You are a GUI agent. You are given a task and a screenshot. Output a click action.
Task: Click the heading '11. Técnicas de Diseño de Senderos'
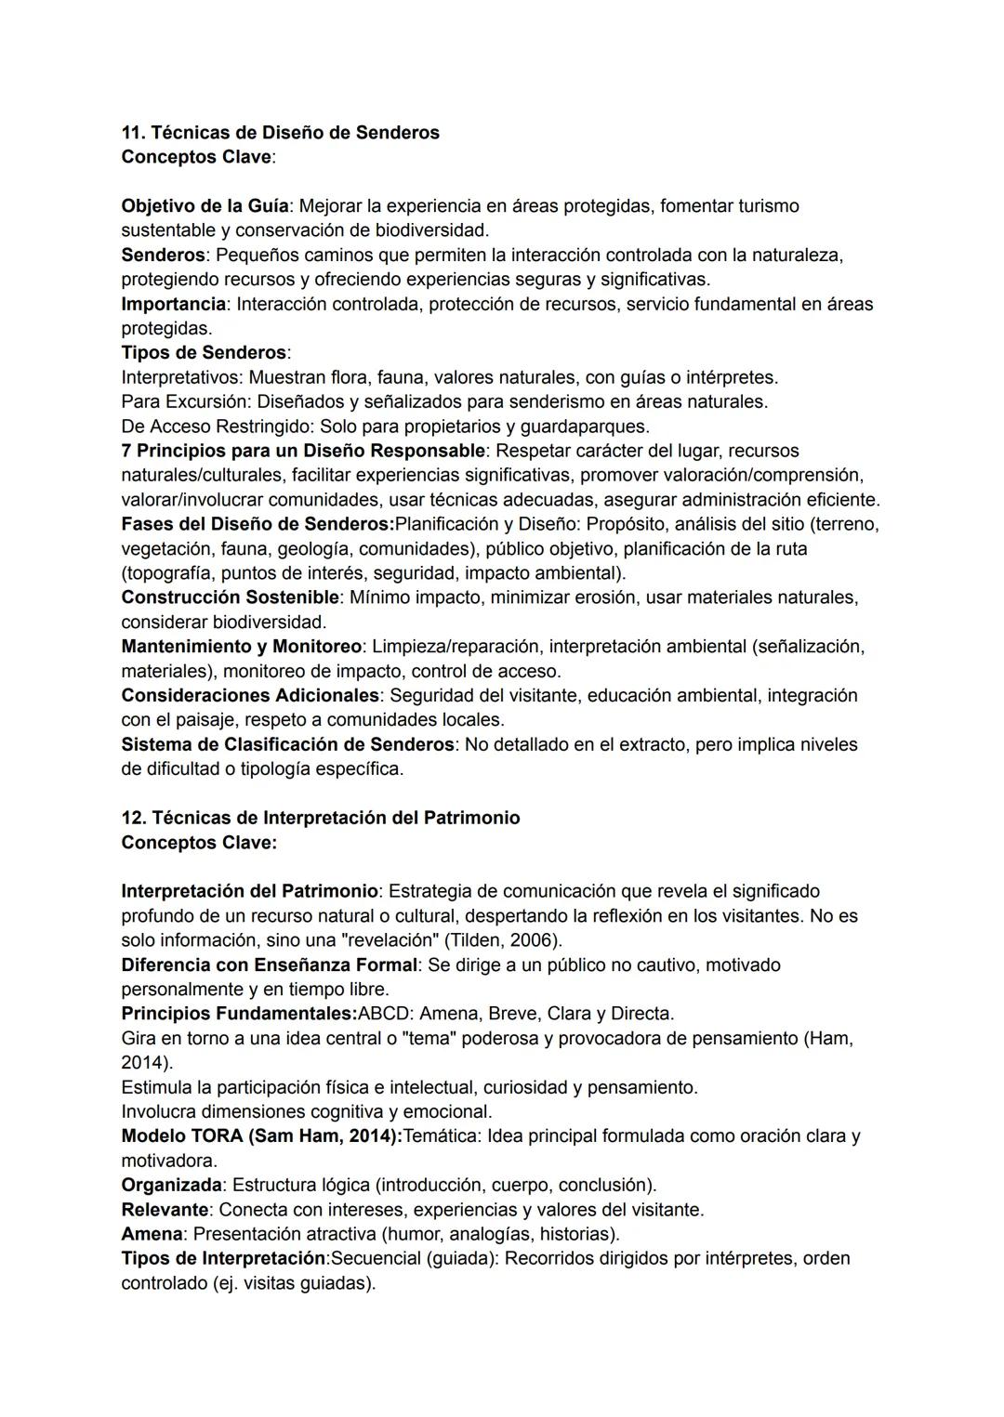(x=280, y=133)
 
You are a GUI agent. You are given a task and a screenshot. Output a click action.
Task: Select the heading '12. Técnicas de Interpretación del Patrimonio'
(x=321, y=818)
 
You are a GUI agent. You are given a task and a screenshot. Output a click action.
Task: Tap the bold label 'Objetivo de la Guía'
(x=205, y=205)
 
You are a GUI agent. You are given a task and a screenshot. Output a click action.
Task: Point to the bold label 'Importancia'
(x=173, y=304)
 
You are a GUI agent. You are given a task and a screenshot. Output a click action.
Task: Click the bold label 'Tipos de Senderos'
(x=204, y=353)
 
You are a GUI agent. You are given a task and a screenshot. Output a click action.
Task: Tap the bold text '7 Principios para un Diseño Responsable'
(x=303, y=451)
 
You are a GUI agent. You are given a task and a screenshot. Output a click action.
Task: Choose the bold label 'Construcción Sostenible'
(x=230, y=597)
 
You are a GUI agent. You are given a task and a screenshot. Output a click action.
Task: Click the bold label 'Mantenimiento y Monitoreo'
(x=241, y=647)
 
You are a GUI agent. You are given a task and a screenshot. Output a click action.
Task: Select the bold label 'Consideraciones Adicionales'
(x=250, y=696)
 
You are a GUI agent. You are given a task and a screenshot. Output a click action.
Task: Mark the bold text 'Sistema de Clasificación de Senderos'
(x=287, y=744)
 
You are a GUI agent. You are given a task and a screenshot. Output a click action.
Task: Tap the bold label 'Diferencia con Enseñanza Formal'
(x=270, y=964)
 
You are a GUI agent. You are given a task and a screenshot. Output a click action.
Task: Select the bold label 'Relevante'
(x=165, y=1210)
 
